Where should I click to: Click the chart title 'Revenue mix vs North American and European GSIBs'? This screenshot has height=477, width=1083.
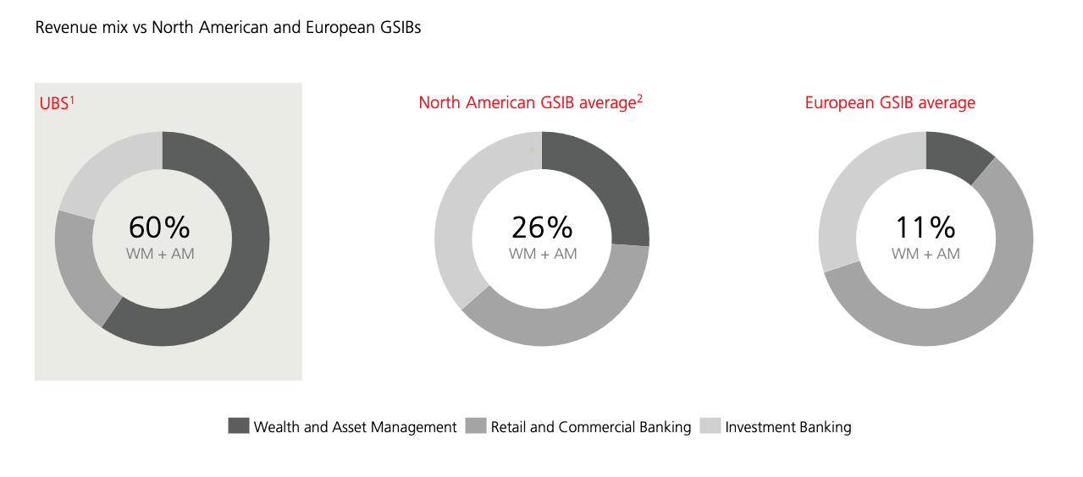[x=228, y=28]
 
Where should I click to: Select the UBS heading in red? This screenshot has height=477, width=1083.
[x=57, y=103]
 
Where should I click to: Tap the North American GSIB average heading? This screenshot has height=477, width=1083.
[x=530, y=102]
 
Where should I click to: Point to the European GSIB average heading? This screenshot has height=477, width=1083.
[x=890, y=102]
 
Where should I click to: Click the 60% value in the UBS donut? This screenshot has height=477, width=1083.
[x=159, y=228]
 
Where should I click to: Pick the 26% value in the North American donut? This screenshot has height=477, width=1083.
[x=542, y=228]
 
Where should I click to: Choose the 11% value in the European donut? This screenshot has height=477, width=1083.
[x=926, y=228]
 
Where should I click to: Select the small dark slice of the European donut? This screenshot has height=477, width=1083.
[x=958, y=155]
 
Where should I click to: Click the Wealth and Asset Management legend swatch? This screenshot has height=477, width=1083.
[x=238, y=425]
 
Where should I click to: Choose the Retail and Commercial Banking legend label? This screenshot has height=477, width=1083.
[x=591, y=427]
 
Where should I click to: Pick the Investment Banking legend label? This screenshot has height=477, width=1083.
[x=788, y=427]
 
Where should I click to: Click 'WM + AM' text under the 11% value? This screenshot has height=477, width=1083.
[x=926, y=254]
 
